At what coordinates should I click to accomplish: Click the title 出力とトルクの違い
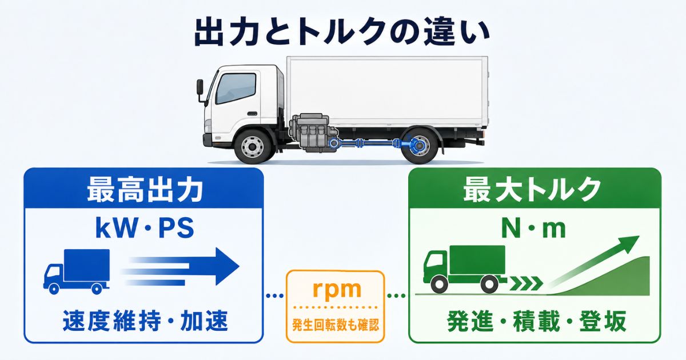342,33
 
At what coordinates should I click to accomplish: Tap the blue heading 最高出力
145,190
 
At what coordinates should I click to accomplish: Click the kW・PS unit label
145,228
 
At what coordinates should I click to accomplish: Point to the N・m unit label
533,229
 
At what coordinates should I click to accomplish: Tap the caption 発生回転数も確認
336,325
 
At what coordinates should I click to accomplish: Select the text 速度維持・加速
145,321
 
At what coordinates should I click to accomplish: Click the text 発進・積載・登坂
537,321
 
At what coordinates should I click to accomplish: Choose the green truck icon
465,269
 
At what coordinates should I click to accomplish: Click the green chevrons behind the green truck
525,283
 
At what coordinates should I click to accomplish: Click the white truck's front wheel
252,147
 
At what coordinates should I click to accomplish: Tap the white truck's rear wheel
420,146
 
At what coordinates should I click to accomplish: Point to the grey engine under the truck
312,132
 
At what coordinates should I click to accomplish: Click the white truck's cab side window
236,89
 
